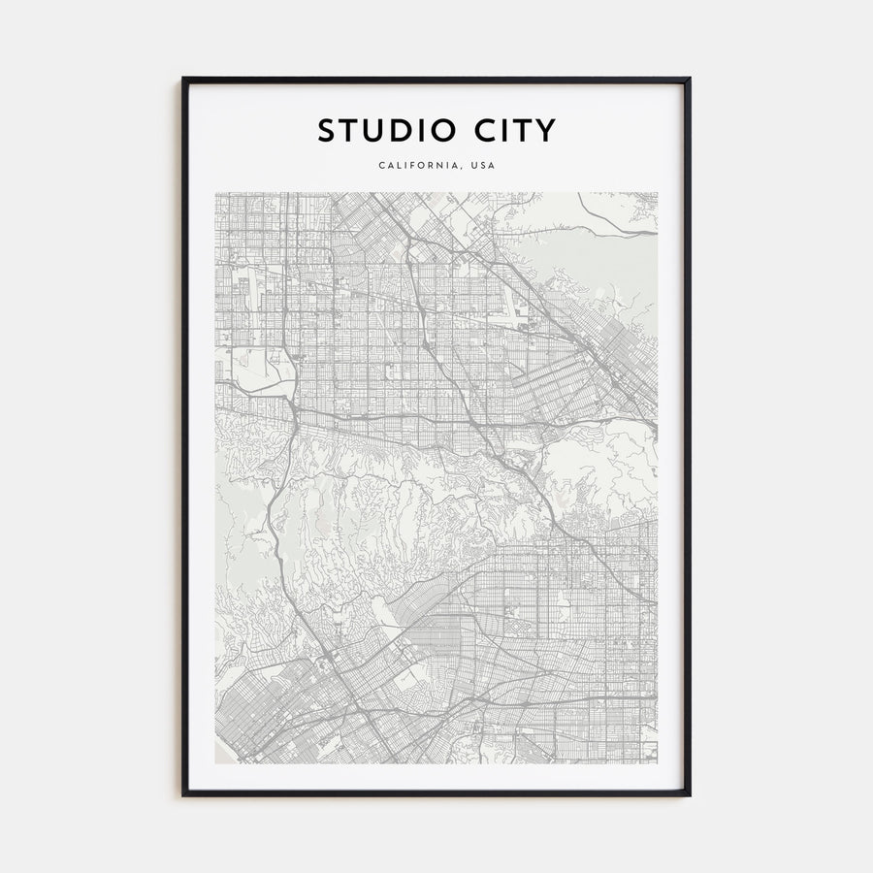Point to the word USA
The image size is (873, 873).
pos(483,165)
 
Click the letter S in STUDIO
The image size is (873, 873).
pos(326,129)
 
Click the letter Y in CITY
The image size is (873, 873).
pos(546,129)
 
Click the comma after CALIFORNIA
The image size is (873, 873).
pos(462,168)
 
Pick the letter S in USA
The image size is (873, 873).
pos(483,165)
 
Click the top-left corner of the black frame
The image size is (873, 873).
pos(183,79)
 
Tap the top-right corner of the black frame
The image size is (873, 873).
pos(690,79)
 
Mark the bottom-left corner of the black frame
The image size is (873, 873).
pos(183,795)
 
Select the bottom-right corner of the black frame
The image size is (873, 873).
pos(690,795)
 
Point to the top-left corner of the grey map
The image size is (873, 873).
pos(216,193)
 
